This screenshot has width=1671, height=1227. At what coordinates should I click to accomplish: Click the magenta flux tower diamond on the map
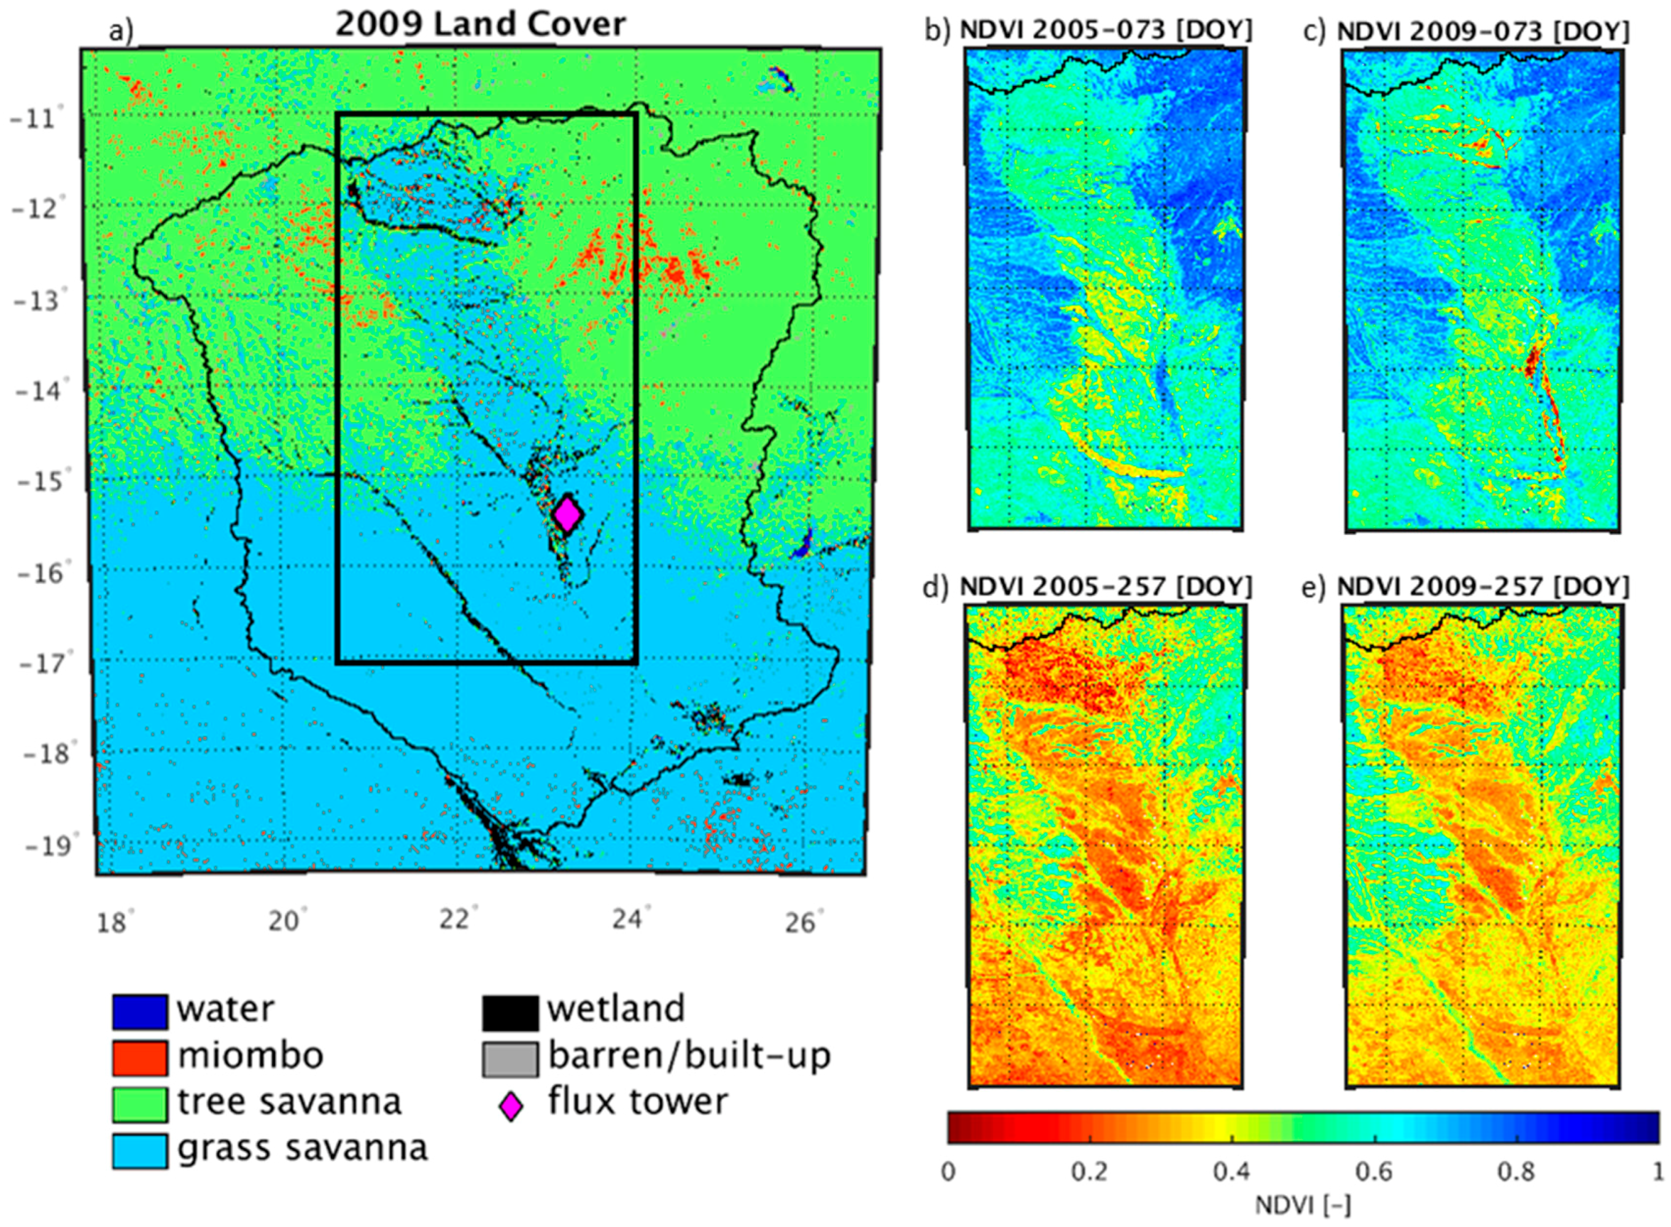pyautogui.click(x=568, y=514)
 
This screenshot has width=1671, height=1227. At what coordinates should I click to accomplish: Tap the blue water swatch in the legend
pyautogui.click(x=140, y=1012)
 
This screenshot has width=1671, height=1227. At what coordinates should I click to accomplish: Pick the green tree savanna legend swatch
pyautogui.click(x=140, y=1104)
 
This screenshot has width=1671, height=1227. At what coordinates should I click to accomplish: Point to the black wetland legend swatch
pyautogui.click(x=510, y=1012)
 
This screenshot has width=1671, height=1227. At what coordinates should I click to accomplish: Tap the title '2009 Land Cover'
pyautogui.click(x=481, y=24)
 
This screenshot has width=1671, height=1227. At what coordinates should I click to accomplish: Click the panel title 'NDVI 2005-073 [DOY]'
pyautogui.click(x=1106, y=31)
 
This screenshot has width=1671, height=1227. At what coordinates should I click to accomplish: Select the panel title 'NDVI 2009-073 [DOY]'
pyautogui.click(x=1483, y=31)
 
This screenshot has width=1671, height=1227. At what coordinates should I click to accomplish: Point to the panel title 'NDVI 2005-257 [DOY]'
pyautogui.click(x=1106, y=587)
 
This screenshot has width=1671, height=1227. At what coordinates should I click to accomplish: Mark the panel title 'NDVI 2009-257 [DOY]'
pyautogui.click(x=1483, y=587)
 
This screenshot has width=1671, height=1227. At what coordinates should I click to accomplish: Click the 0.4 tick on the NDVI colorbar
pyautogui.click(x=1232, y=1171)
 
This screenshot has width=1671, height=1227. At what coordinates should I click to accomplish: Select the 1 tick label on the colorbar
pyautogui.click(x=1657, y=1171)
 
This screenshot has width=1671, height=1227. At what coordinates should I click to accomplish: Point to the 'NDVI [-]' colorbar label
pyautogui.click(x=1303, y=1206)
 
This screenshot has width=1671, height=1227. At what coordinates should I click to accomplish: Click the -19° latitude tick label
pyautogui.click(x=44, y=846)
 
